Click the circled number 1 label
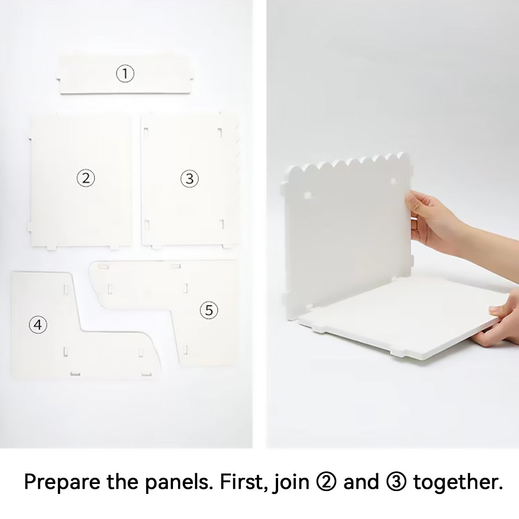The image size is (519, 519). (x=125, y=74)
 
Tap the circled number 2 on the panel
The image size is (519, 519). (x=86, y=178)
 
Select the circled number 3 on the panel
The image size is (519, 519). (x=189, y=178)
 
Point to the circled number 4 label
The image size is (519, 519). (x=38, y=324)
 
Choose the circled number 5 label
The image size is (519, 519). (x=209, y=310)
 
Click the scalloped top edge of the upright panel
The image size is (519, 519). (x=346, y=163)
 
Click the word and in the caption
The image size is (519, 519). (x=362, y=482)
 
